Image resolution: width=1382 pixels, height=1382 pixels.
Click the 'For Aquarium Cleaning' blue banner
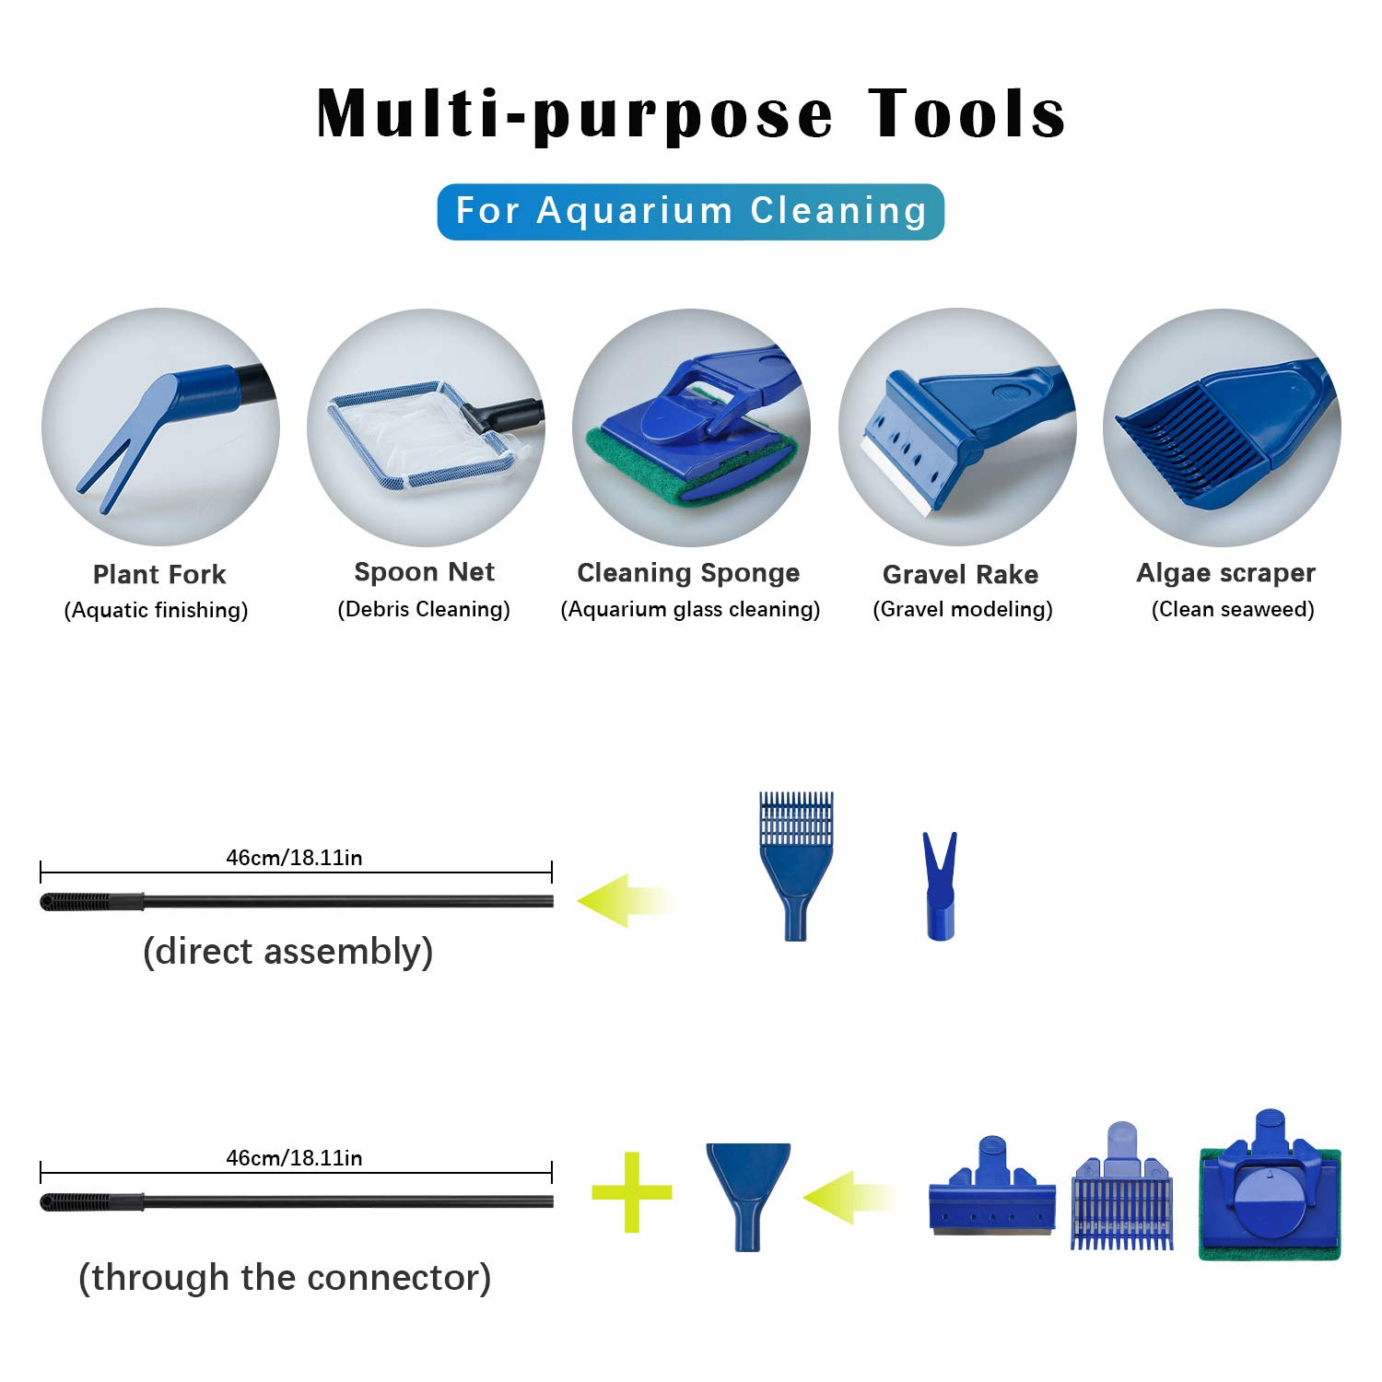click(x=690, y=211)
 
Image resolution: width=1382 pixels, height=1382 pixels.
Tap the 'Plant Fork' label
click(x=159, y=574)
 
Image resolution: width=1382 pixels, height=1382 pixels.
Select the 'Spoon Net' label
click(x=424, y=572)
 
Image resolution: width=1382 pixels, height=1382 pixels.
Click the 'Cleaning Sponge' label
click(x=688, y=572)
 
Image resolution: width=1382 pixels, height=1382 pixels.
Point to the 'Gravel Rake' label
click(x=960, y=574)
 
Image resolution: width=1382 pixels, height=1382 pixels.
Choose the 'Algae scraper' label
click(x=1225, y=572)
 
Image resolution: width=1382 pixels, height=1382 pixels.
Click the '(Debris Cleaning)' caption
click(x=424, y=609)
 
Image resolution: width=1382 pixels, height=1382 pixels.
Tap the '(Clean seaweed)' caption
click(x=1233, y=609)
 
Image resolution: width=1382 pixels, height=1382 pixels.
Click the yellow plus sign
click(x=632, y=1192)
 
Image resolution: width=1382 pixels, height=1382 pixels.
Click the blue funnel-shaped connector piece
click(x=747, y=1194)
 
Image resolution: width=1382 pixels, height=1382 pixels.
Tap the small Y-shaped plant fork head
click(x=940, y=884)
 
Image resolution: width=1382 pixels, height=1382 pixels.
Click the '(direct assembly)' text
click(x=287, y=951)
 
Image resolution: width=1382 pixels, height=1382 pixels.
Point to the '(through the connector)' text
click(x=285, y=1277)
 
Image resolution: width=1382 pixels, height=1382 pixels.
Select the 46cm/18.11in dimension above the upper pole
click(x=294, y=858)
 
